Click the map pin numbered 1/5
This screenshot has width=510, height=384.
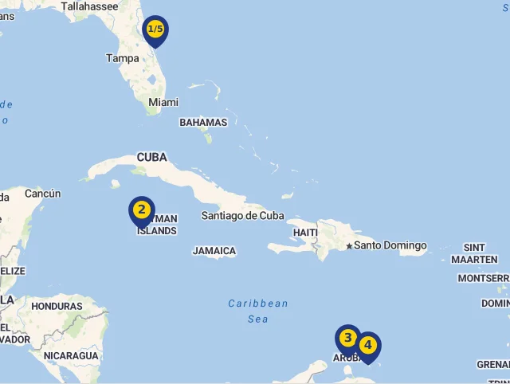(155, 30)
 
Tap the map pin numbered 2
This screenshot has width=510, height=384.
(141, 210)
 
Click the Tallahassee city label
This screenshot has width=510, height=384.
(89, 6)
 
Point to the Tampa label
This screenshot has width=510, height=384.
(122, 58)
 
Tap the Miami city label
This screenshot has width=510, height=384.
(163, 102)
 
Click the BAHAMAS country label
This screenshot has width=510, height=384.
(203, 123)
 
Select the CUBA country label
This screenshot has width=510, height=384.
(151, 157)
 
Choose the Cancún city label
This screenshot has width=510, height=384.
(42, 194)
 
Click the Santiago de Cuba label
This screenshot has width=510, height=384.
(242, 216)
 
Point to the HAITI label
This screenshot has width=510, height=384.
(305, 233)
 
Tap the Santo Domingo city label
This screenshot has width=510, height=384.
(390, 245)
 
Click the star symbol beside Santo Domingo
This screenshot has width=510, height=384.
(349, 245)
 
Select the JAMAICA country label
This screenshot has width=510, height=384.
(214, 251)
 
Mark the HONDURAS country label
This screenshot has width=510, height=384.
(57, 306)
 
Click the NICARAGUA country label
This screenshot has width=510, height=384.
(71, 355)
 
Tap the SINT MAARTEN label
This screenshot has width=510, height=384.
(475, 253)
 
